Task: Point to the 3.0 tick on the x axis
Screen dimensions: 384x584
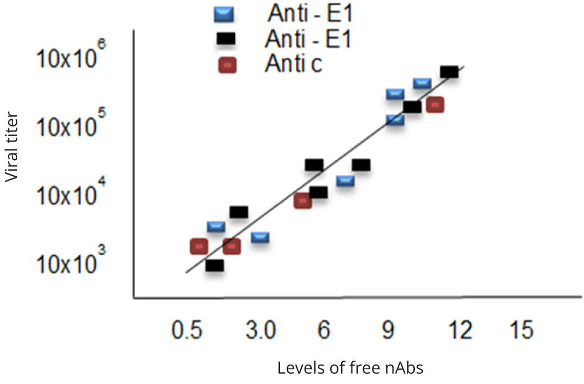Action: tap(261, 330)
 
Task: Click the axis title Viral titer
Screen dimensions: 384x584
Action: tap(13, 147)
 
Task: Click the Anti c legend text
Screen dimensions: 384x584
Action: tap(293, 65)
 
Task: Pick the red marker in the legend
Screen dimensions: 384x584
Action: tap(227, 65)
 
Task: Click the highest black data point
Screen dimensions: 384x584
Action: tap(449, 72)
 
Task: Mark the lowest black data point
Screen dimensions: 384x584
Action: tap(215, 265)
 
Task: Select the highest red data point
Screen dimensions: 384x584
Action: tap(435, 104)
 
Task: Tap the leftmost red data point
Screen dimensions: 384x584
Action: tap(199, 246)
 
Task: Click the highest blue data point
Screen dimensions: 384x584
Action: tap(422, 83)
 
